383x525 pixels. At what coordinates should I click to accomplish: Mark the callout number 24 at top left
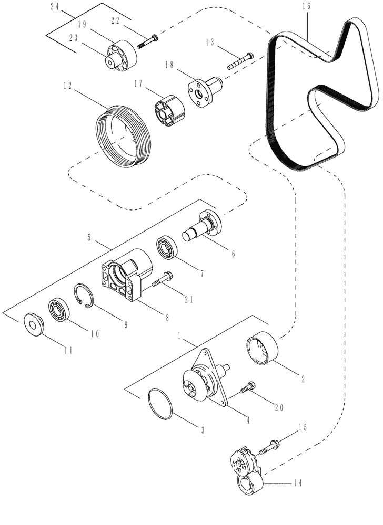pyautogui.click(x=54, y=7)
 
